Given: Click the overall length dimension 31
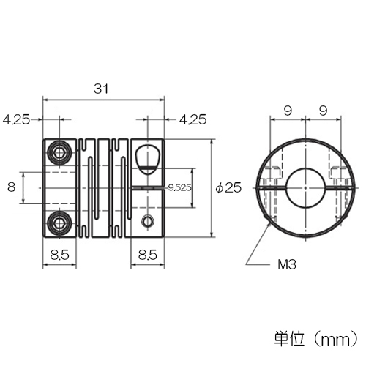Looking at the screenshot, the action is [101, 89].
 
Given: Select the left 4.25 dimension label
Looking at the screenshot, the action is [16, 120].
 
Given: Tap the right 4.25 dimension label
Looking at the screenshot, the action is [193, 120].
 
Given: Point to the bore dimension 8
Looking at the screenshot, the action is [12, 187].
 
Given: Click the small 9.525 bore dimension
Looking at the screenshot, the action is [180, 187].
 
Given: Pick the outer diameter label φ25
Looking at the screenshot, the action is [228, 187].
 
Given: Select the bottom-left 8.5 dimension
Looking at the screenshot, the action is [60, 255].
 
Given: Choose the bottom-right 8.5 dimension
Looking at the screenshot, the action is [148, 255].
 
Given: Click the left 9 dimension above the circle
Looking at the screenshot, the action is [288, 111].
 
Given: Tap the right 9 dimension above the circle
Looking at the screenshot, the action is [323, 111].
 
